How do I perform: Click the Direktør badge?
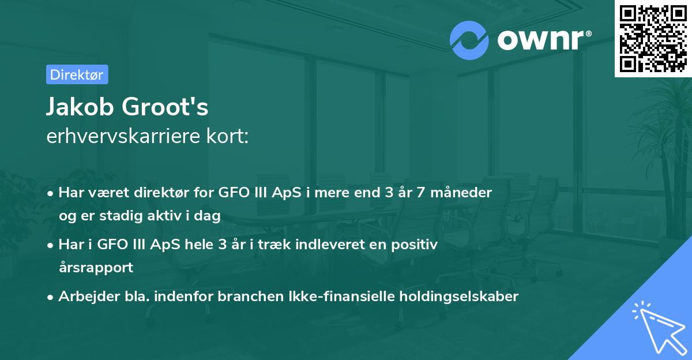pyautogui.click(x=77, y=74)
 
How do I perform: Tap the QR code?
pyautogui.click(x=653, y=39)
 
